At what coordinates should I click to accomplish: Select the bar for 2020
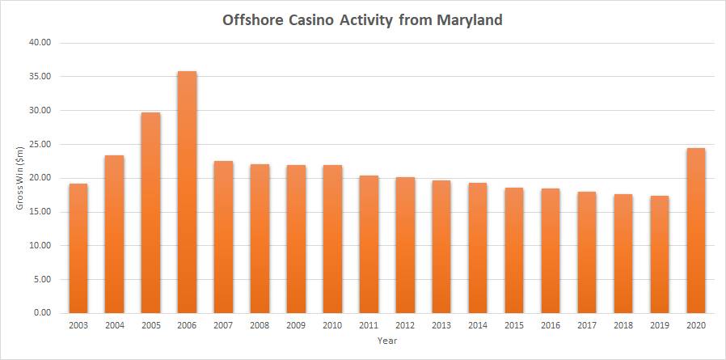pyautogui.click(x=696, y=231)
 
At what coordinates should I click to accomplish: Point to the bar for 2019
pyautogui.click(x=660, y=254)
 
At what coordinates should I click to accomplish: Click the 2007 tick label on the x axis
pyautogui.click(x=223, y=324)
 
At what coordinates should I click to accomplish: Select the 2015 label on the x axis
pyautogui.click(x=514, y=324)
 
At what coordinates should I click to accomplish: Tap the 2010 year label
pyautogui.click(x=332, y=324)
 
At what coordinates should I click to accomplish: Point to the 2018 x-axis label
pyautogui.click(x=623, y=324)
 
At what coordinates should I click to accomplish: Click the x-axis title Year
pyautogui.click(x=386, y=340)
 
